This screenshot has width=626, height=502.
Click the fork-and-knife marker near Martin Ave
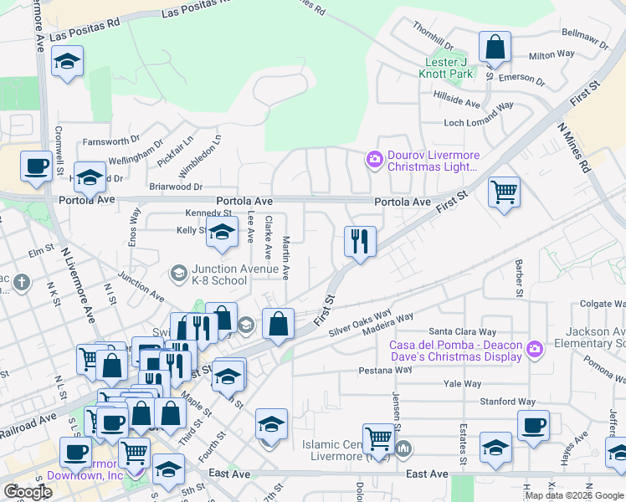pyautogui.click(x=360, y=242)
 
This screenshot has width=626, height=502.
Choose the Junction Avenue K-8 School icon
pyautogui.click(x=177, y=273)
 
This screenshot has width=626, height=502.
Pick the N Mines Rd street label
pyautogui.click(x=575, y=148)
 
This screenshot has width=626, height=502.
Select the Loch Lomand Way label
pyautogui.click(x=478, y=123)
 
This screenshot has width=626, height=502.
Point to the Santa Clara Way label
pyautogui.click(x=457, y=331)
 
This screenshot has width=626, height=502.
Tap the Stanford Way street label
pyautogui.click(x=508, y=402)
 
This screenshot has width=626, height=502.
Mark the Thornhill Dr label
pyautogui.click(x=432, y=36)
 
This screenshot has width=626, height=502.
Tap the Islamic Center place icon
pyautogui.click(x=404, y=449)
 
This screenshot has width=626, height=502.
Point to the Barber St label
pyautogui.click(x=519, y=278)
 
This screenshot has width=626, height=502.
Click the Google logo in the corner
pyautogui.click(x=28, y=491)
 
